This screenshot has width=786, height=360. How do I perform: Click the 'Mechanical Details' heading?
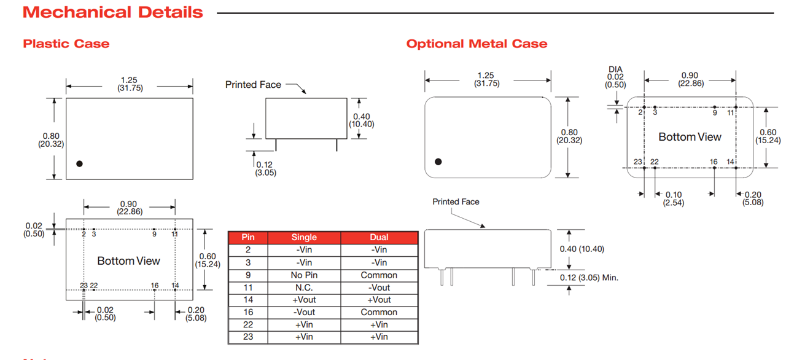coord(112,12)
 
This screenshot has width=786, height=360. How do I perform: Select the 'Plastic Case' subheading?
coord(66,44)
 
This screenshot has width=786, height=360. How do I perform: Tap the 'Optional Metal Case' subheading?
coord(477,44)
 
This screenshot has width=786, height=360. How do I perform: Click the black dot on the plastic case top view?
coord(79,163)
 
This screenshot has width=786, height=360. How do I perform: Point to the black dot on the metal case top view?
coord(438,162)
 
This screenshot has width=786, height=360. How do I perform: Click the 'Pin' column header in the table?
coord(247,237)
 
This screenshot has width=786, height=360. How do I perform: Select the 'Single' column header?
coord(304,237)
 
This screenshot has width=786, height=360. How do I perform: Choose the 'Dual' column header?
coord(379,237)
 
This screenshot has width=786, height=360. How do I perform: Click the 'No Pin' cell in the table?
coord(304,275)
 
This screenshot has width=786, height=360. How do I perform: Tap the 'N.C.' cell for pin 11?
coord(304,288)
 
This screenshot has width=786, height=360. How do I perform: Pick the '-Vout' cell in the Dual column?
coord(379,288)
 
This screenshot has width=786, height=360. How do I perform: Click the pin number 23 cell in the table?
coord(247,337)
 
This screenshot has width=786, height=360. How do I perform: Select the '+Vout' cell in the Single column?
coord(304,300)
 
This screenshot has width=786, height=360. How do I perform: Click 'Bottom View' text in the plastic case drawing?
coord(128,261)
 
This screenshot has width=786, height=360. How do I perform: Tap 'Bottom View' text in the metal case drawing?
coord(690,137)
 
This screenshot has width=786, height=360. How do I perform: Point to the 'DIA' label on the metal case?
coord(616,69)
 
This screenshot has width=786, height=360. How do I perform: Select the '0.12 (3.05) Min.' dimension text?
coord(589,278)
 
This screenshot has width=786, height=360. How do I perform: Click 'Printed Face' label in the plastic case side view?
coord(253,85)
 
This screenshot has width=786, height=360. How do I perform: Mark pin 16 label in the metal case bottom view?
coord(714,162)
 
